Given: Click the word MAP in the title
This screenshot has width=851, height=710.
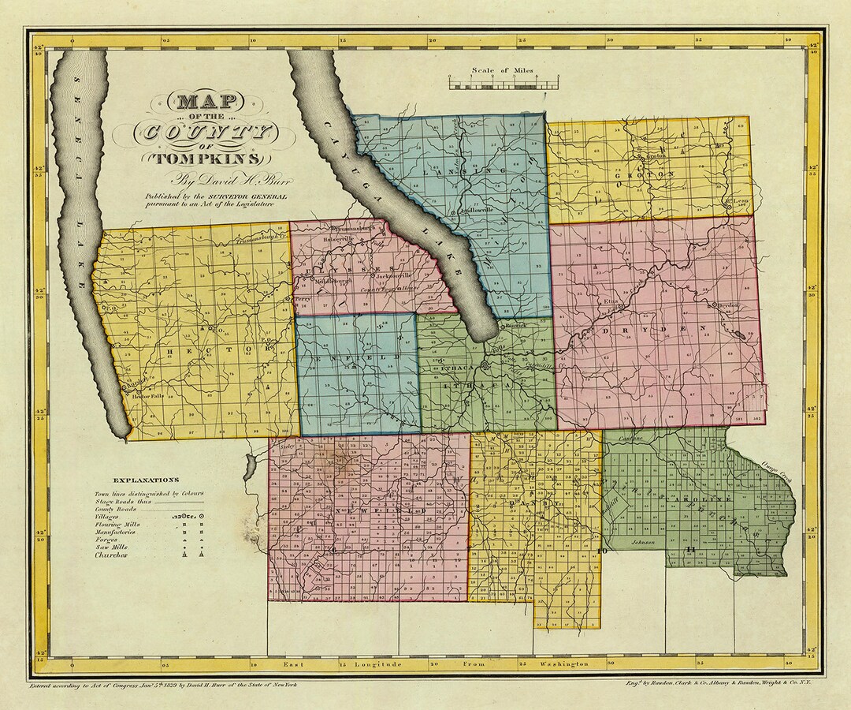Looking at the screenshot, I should [207, 103].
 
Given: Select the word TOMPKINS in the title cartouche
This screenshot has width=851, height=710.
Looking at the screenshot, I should [206, 155].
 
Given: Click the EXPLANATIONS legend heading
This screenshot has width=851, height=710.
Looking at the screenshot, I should [146, 480].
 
